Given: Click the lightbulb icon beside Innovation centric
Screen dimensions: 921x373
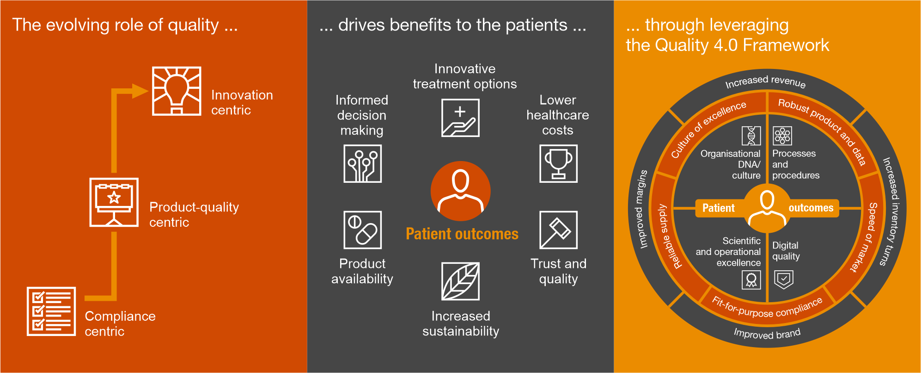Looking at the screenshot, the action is (177, 91).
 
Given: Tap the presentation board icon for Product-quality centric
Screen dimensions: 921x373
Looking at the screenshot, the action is (114, 202).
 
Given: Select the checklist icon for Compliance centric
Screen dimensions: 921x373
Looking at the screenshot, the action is (51, 311).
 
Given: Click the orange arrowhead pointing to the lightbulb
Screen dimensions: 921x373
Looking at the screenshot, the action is (140, 91).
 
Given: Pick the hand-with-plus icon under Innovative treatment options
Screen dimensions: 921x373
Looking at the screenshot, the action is (460, 118).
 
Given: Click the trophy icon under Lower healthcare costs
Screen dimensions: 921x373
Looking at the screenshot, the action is (558, 163).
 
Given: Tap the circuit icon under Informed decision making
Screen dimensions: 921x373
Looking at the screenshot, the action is (362, 163).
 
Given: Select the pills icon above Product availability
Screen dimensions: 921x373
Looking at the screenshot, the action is (362, 230).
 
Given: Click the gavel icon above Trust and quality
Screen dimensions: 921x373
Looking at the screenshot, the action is (558, 230).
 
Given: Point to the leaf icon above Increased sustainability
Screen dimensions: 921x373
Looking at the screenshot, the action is (460, 281).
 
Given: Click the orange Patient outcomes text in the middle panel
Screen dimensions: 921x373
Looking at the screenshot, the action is (462, 234).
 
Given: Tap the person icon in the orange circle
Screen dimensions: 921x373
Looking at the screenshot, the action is (460, 191).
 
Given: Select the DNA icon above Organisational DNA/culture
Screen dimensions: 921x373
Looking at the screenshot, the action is (751, 136).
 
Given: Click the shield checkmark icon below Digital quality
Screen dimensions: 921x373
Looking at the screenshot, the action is (784, 280).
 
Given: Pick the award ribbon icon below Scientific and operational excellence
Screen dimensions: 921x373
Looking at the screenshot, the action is (751, 280).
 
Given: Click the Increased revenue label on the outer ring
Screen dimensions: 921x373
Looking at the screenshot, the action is (765, 81).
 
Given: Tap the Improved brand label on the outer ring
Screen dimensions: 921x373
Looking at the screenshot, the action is (767, 333).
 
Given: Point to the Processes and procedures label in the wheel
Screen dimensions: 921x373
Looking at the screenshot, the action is (796, 164).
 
